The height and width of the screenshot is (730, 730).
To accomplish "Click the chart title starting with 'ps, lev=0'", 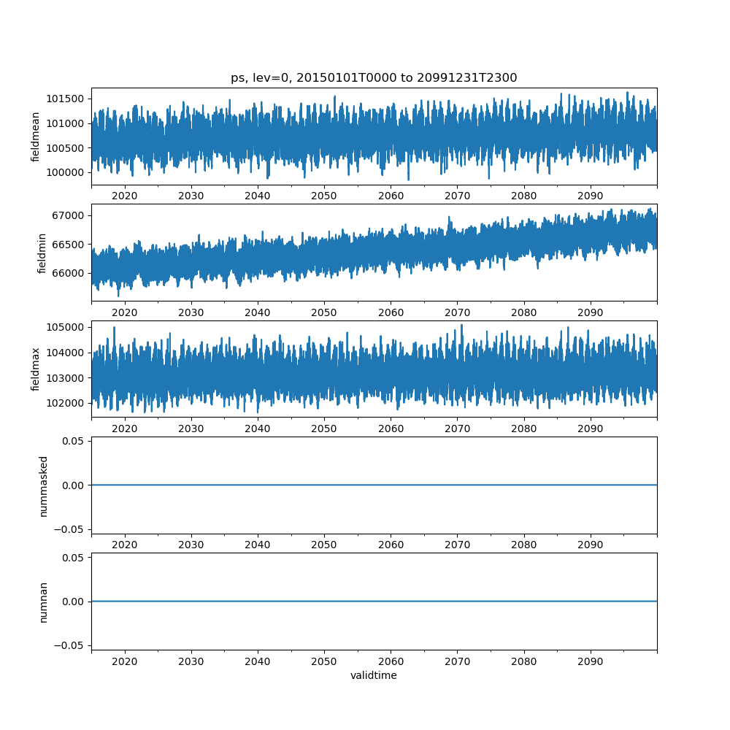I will (x=374, y=78).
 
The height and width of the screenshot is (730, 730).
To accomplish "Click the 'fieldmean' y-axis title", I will (x=35, y=137).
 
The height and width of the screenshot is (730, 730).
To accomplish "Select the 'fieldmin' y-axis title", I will (x=42, y=253).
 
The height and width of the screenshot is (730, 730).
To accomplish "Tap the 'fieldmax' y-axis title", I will (x=35, y=369).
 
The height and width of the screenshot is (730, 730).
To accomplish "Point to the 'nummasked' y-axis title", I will (x=43, y=486).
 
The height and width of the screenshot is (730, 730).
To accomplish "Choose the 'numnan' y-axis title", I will (x=43, y=602).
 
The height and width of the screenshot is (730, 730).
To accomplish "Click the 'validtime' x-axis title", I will (x=374, y=676).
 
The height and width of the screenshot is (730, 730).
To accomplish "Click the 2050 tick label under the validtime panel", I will (x=324, y=661).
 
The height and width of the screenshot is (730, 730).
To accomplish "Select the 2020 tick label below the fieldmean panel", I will (x=125, y=196).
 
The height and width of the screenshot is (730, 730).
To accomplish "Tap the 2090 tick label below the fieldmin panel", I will (x=590, y=312).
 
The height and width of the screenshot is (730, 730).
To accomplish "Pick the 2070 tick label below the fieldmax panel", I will (x=457, y=429).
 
